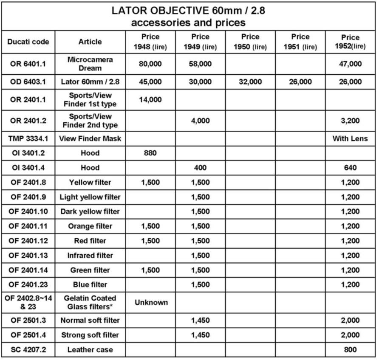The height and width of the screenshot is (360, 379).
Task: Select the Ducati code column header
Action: click(x=28, y=42)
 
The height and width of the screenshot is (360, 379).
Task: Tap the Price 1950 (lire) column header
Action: click(x=250, y=42)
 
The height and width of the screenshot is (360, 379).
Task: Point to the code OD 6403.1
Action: click(x=28, y=82)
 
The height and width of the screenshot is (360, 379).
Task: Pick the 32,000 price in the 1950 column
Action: click(x=250, y=82)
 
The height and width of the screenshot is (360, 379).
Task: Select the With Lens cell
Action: click(x=350, y=138)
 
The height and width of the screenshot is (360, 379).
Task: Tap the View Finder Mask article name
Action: click(x=90, y=138)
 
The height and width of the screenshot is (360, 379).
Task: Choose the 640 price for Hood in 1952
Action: click(x=350, y=168)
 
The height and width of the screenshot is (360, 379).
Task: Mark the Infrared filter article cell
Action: click(x=90, y=256)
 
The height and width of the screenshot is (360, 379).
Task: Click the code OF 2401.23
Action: click(x=28, y=284)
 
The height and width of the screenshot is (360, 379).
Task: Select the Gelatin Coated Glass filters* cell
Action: click(x=90, y=303)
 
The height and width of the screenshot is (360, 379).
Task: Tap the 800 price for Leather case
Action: click(x=350, y=350)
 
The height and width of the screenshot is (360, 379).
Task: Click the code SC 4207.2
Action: click(x=28, y=350)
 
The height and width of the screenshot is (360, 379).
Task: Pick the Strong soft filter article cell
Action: click(x=90, y=335)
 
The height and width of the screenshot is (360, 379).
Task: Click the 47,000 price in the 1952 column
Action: click(x=350, y=64)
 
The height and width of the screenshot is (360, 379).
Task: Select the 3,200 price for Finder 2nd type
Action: click(x=350, y=121)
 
